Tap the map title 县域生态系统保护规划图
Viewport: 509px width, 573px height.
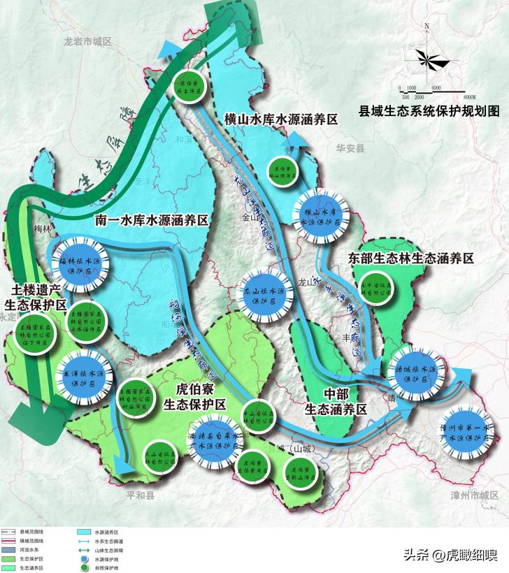[429, 110]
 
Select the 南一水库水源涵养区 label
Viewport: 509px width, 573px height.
[152, 220]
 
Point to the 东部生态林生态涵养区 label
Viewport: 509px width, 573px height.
[410, 259]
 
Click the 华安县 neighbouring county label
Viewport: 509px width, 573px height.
[350, 149]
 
